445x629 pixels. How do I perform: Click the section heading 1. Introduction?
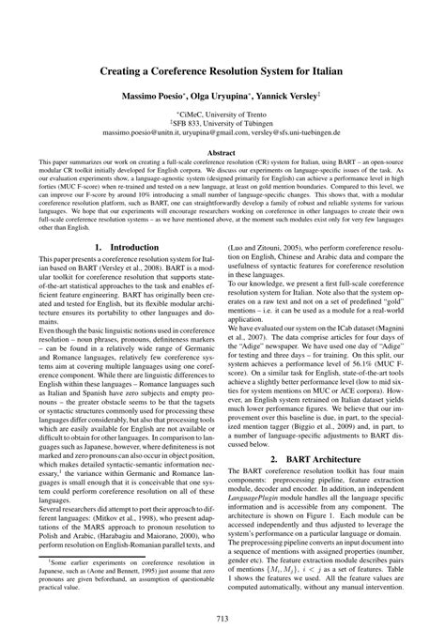point(128,247)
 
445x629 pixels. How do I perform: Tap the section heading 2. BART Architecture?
point(317,458)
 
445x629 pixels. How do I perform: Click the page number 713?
point(222,616)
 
